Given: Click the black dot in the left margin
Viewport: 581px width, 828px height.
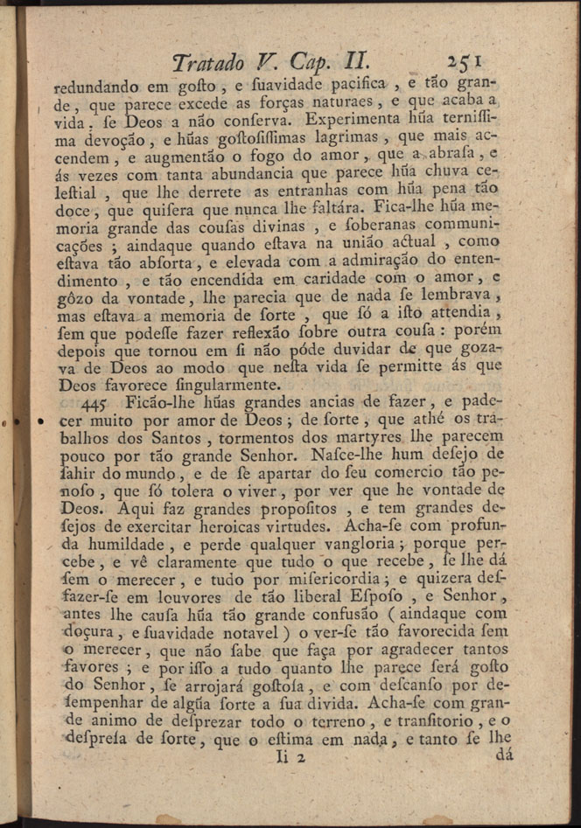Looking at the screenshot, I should [x=39, y=423].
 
